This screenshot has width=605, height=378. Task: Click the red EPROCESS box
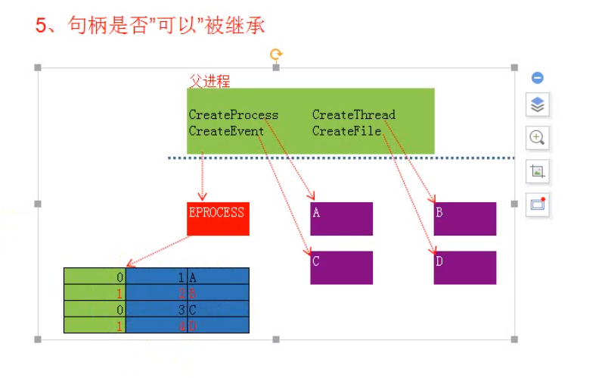coord(218,218)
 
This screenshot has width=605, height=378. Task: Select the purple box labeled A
coord(341,219)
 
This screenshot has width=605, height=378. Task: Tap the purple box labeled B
coord(464,219)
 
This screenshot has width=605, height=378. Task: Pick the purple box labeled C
coord(341,267)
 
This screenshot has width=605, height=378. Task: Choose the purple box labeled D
coord(464,267)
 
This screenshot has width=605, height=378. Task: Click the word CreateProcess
coord(234,115)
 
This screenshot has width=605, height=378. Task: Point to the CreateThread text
coord(353,115)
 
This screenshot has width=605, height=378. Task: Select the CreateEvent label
coord(226,131)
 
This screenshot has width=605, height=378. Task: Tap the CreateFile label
coord(346,131)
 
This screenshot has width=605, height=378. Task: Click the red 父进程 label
coord(209,80)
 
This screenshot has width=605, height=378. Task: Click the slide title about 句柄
coord(150,25)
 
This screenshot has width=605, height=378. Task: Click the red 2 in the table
coord(181,292)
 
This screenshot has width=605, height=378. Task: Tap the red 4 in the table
coord(181,325)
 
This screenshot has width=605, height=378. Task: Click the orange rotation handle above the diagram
coord(276,54)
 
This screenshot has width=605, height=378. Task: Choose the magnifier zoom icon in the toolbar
coord(538,138)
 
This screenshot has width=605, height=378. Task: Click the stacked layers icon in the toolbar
coord(538,105)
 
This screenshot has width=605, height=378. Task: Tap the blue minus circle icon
coord(538,78)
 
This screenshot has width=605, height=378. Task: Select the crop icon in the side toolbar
coord(538,171)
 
